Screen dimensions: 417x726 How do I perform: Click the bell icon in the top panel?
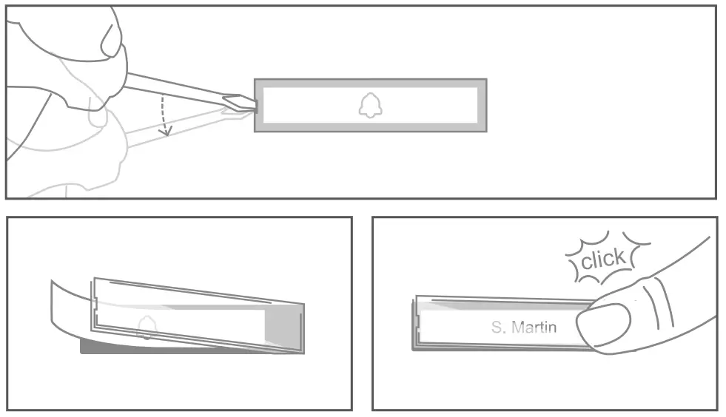pos(370,106)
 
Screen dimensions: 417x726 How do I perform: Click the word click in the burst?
pos(603,260)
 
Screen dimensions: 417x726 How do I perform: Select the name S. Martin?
pos(523,327)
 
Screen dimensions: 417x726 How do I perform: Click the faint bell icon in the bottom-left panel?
pos(147,325)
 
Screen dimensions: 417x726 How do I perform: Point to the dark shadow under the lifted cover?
pos(111,347)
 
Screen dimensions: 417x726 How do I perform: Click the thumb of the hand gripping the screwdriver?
pos(104,33)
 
